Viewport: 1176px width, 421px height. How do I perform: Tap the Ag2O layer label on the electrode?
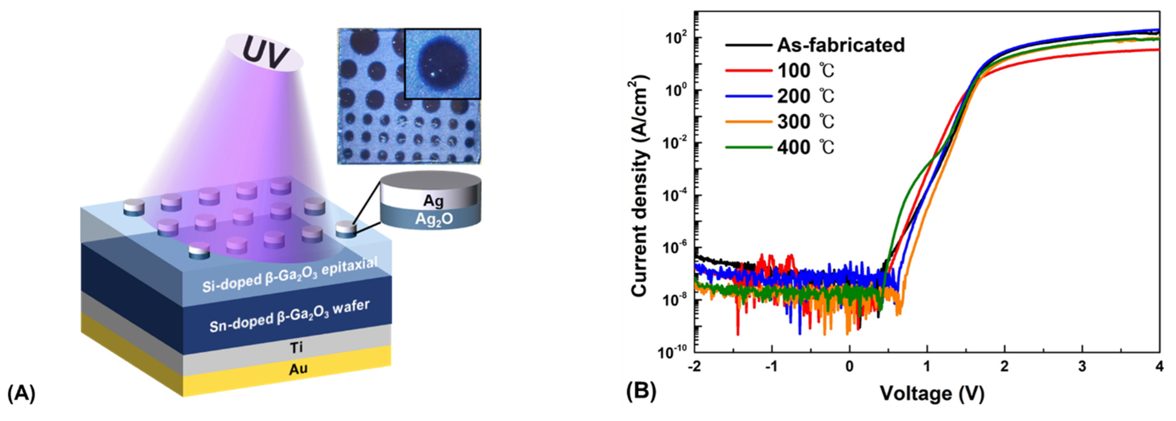(434, 220)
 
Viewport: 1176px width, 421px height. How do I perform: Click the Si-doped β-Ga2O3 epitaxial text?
(290, 274)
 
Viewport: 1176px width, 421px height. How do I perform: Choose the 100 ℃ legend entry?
(805, 70)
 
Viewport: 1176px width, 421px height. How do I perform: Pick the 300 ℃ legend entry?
(805, 122)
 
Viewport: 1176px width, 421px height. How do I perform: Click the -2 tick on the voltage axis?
(695, 367)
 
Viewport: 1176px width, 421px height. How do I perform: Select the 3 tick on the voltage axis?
(1082, 367)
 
